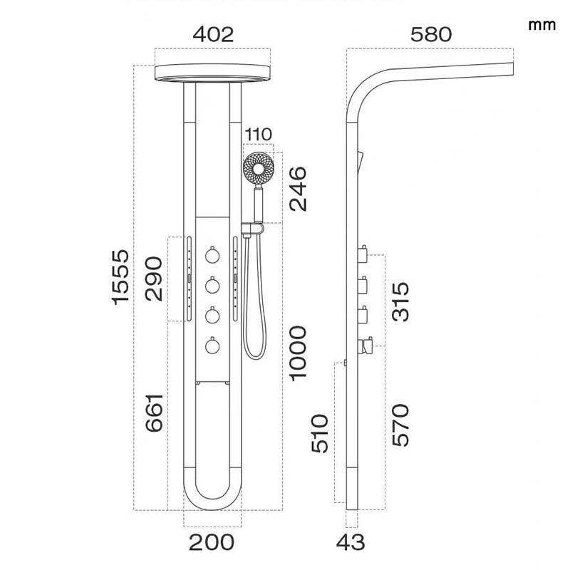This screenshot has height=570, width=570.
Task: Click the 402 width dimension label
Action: click(x=212, y=34)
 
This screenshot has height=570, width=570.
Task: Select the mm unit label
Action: click(x=542, y=25)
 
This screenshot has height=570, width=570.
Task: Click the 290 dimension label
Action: click(x=153, y=279)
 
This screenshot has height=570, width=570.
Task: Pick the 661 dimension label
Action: click(x=153, y=413)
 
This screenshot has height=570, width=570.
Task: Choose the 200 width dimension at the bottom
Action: click(x=212, y=542)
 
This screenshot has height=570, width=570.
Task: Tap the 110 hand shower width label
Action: click(x=258, y=135)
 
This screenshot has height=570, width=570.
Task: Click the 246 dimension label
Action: click(x=297, y=189)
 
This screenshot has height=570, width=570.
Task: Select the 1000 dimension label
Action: click(x=297, y=352)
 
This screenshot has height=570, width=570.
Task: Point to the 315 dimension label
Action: click(x=400, y=301)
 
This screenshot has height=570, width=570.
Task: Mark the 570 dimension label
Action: click(x=400, y=425)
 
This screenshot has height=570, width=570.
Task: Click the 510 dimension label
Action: click(x=321, y=433)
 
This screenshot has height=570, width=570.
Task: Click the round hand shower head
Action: click(x=258, y=170)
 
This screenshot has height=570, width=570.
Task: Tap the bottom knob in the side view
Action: click(x=367, y=346)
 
